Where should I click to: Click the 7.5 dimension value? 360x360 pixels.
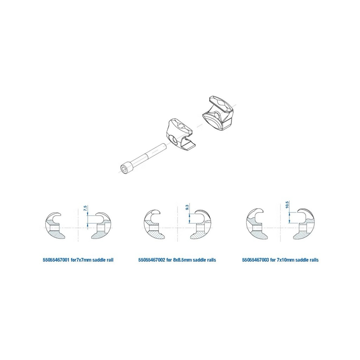[85, 209]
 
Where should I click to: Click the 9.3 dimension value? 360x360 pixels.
[187, 207]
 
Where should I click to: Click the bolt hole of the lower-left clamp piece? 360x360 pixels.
[173, 140]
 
